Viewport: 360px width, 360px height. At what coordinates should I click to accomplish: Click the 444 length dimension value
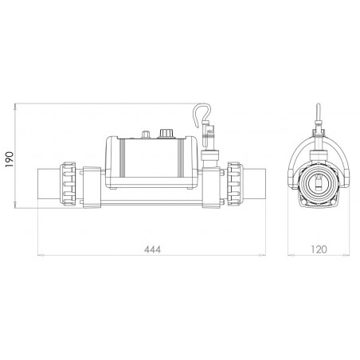148,249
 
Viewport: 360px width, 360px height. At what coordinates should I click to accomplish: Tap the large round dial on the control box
166,133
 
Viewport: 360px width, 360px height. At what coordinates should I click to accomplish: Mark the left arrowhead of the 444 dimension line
40,256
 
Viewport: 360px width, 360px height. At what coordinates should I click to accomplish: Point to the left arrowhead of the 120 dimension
289,256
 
